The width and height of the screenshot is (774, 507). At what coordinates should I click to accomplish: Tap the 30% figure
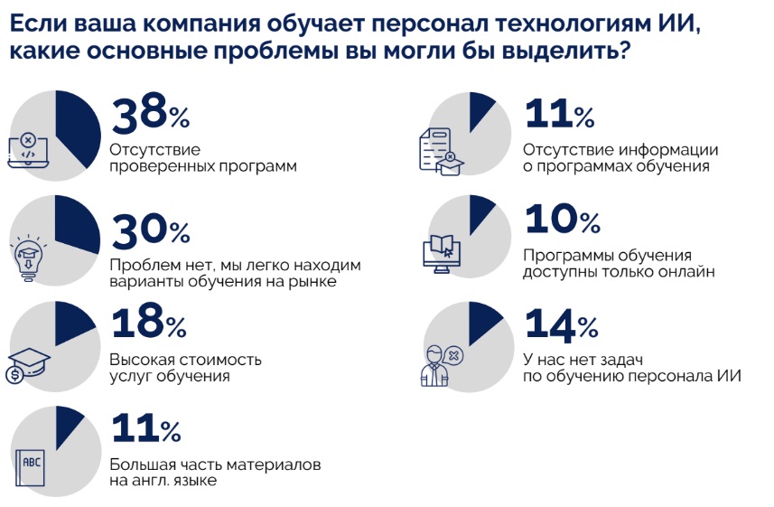150,230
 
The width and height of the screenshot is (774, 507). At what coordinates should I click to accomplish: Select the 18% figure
148,324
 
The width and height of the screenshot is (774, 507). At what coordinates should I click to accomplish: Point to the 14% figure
561,324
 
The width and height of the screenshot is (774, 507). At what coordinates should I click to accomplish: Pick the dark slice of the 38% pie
78,127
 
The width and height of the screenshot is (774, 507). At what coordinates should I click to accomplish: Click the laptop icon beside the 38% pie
28,152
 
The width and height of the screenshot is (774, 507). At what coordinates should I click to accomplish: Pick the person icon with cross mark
440,364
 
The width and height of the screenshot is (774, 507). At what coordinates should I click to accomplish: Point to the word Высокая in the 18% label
139,359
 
